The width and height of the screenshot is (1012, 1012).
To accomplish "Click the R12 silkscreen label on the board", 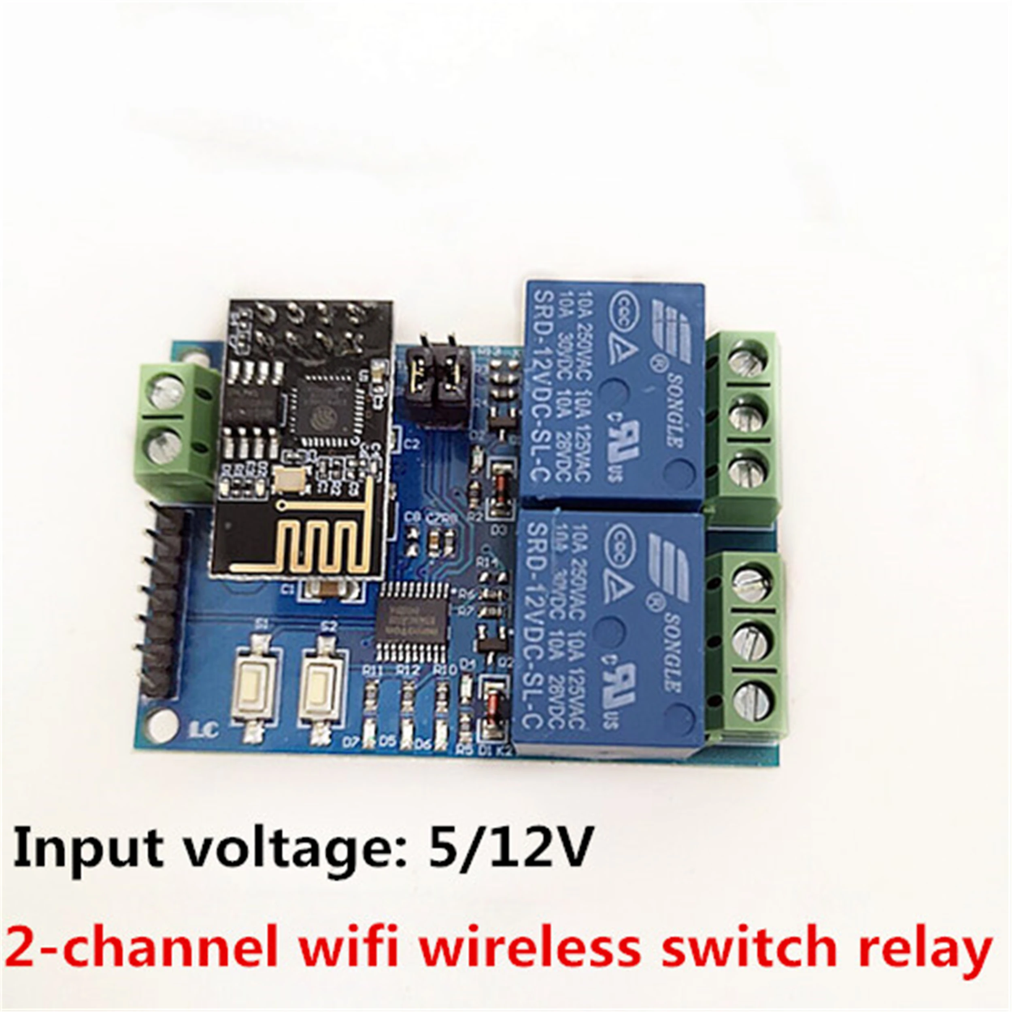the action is click(408, 670).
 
